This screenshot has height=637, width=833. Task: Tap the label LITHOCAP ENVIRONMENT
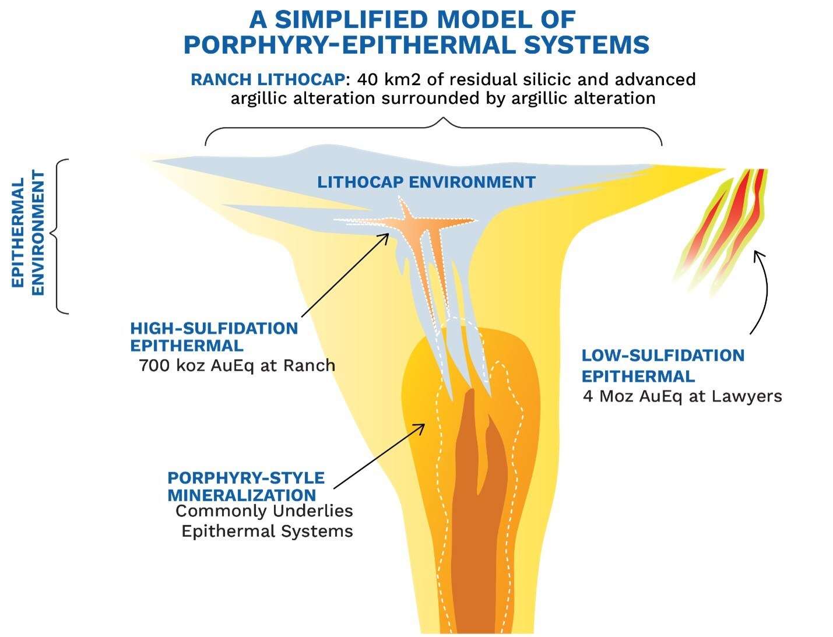click(426, 182)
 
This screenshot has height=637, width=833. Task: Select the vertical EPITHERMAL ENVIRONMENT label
click(28, 233)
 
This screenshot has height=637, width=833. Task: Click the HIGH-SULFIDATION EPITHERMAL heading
click(214, 337)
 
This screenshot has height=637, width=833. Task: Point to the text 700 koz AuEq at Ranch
click(237, 366)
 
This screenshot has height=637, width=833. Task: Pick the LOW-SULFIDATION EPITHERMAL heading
click(663, 365)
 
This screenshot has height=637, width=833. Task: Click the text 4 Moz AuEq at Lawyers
click(682, 397)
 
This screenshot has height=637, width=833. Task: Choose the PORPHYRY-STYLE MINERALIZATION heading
click(245, 487)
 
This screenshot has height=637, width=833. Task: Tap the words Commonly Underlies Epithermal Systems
click(265, 521)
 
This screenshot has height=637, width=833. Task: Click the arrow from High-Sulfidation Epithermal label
click(345, 275)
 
